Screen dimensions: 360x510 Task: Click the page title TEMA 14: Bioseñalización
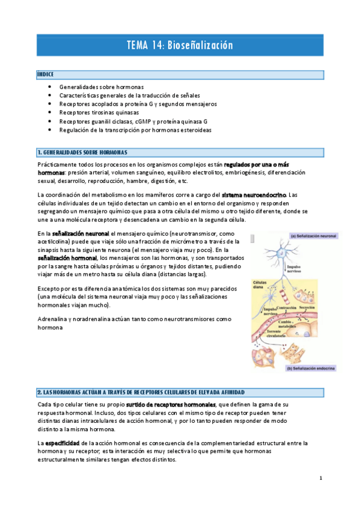point(180,46)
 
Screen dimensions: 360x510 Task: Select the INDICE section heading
point(46,75)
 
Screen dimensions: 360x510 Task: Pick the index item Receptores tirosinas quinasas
point(99,112)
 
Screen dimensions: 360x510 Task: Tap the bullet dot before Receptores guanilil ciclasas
point(49,121)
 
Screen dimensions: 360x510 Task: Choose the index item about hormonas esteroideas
point(135,129)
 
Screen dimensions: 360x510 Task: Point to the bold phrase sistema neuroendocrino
point(255,195)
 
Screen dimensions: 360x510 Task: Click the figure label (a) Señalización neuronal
point(313,236)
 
